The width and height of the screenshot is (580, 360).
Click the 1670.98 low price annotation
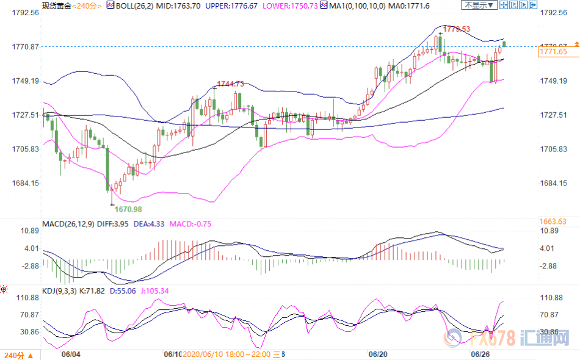tap(128, 209)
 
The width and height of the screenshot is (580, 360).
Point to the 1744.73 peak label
tap(231, 84)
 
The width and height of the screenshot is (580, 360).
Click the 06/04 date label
tap(71, 354)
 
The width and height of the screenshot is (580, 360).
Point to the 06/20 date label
tap(378, 354)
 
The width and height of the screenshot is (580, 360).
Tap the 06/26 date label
tap(480, 354)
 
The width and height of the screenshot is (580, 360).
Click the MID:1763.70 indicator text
tap(174, 5)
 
